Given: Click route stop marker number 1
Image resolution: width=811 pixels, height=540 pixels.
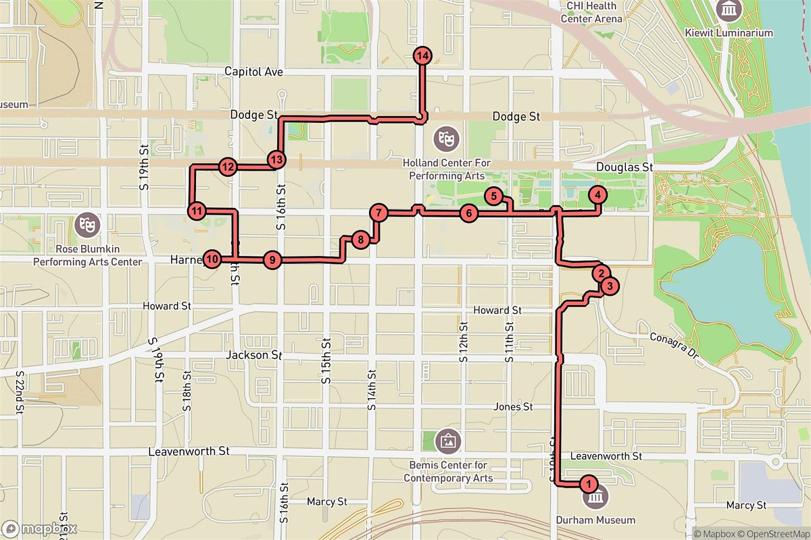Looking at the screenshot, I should (x=589, y=484).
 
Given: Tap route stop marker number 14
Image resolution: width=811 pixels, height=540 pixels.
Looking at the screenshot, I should (x=422, y=56).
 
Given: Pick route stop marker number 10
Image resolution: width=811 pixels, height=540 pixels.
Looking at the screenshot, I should (x=212, y=259).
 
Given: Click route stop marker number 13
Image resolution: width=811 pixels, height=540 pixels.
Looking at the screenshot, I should (x=276, y=160).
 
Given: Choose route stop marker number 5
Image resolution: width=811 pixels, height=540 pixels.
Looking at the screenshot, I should (x=494, y=197).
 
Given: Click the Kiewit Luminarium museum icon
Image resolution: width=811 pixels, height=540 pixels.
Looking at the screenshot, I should (x=730, y=10).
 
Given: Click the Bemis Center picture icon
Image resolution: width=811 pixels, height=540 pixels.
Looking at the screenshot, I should (x=446, y=441).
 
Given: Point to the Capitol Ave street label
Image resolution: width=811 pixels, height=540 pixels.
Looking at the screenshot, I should (x=253, y=72).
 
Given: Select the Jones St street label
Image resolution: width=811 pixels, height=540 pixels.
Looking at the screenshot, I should (x=513, y=407).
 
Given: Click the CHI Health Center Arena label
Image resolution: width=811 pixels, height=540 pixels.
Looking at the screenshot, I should (x=591, y=12).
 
